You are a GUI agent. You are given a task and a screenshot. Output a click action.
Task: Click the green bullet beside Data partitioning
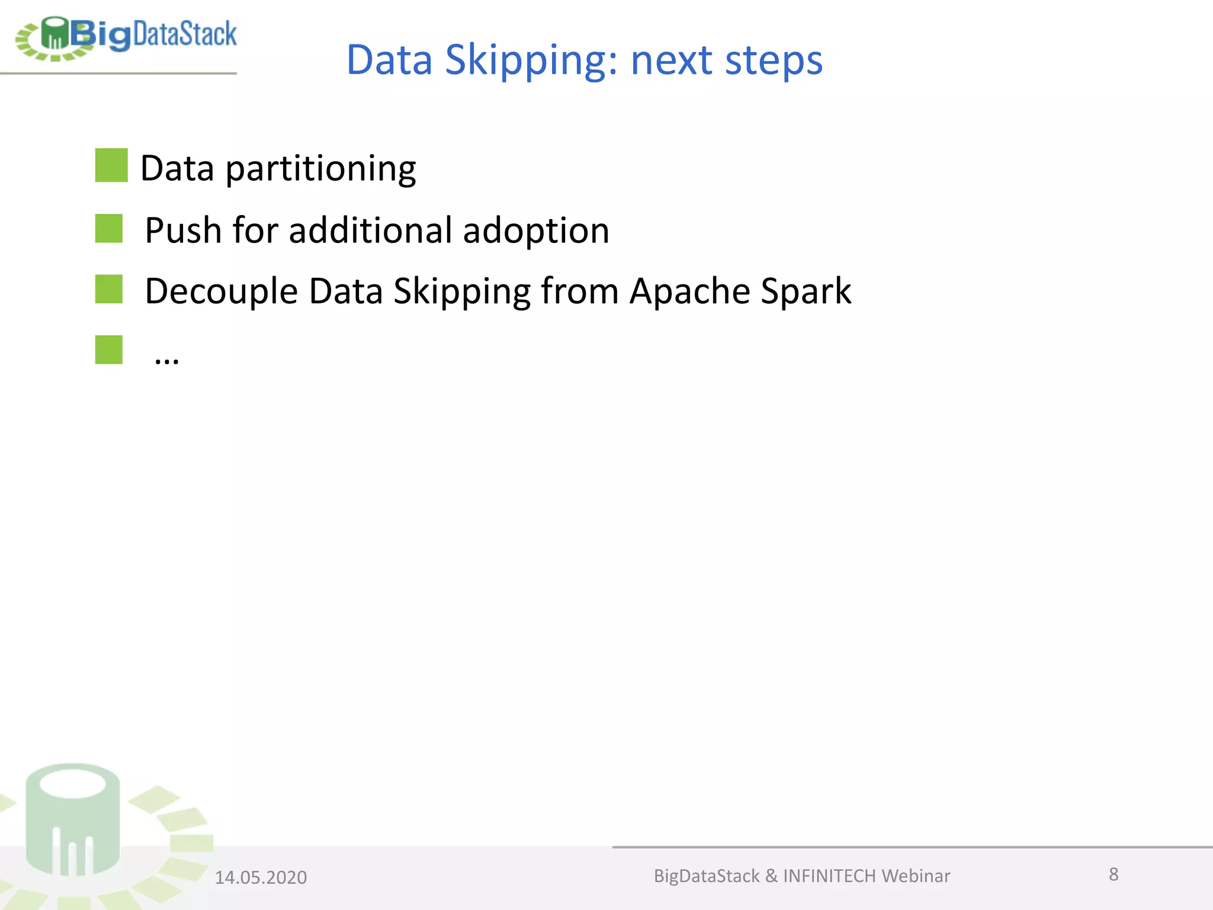(111, 165)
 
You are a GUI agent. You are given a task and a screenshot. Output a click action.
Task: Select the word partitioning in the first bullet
(320, 169)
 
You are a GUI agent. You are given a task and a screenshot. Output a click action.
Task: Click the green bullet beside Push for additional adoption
(109, 229)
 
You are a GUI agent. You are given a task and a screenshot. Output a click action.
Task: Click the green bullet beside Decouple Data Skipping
(109, 289)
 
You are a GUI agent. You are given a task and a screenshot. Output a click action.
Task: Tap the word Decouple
(221, 292)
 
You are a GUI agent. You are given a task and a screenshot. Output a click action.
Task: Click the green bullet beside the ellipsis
(109, 350)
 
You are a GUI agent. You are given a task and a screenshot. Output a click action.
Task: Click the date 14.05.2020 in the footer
(261, 877)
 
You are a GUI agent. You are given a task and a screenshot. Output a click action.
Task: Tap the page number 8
(1113, 874)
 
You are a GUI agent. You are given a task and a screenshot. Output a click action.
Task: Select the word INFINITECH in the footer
(829, 876)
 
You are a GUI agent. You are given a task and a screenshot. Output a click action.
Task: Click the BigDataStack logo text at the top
(154, 34)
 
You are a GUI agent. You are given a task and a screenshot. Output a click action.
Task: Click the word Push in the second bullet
(183, 230)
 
